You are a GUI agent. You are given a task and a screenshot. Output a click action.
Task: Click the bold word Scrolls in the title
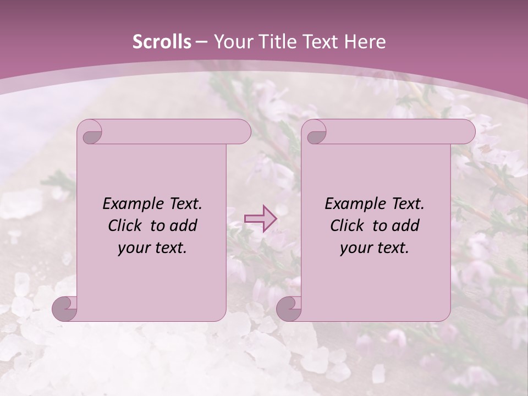pyautogui.click(x=162, y=42)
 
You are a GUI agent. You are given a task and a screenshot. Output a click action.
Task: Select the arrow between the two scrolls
pyautogui.click(x=260, y=219)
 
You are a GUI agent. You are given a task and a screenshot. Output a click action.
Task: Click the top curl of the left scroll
pyautogui.click(x=90, y=132)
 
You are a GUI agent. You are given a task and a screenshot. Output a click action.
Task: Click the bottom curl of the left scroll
pyautogui.click(x=65, y=309)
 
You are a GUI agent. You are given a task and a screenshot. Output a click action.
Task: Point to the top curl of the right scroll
pyautogui.click(x=315, y=132)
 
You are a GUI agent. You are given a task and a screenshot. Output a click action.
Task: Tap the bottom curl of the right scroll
pyautogui.click(x=289, y=309)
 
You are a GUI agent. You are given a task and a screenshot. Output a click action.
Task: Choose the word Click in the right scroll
pyautogui.click(x=347, y=226)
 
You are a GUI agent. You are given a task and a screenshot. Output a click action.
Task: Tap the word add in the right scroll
pyautogui.click(x=406, y=226)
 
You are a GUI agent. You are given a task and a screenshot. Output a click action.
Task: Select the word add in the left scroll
pyautogui.click(x=184, y=226)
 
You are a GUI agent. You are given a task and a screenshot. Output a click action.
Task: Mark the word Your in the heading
pyautogui.click(x=230, y=42)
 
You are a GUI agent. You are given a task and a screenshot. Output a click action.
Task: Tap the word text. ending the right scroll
pyautogui.click(x=393, y=248)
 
